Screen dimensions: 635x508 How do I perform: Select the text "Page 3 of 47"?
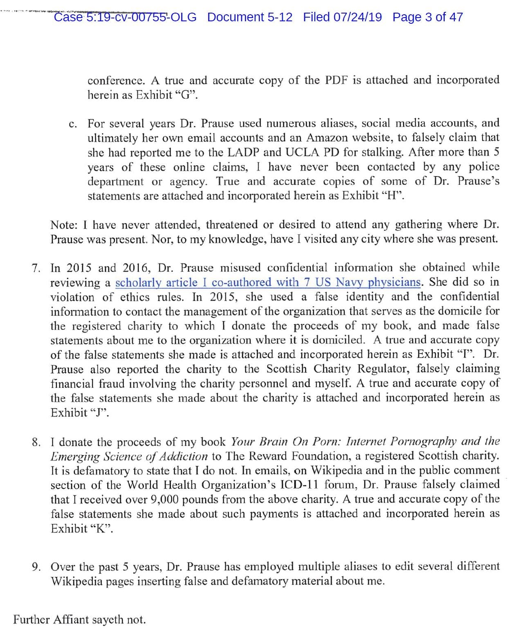coord(427,17)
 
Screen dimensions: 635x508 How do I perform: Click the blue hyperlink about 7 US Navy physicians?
coord(268,282)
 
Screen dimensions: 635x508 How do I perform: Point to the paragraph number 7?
coord(36,268)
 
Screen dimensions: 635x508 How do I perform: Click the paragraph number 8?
coord(36,442)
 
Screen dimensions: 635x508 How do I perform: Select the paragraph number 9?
coord(36,567)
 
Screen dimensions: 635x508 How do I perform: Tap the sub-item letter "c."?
coord(73,124)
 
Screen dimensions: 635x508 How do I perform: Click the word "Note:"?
coord(64,225)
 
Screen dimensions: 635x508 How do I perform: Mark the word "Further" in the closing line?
coord(31,619)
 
